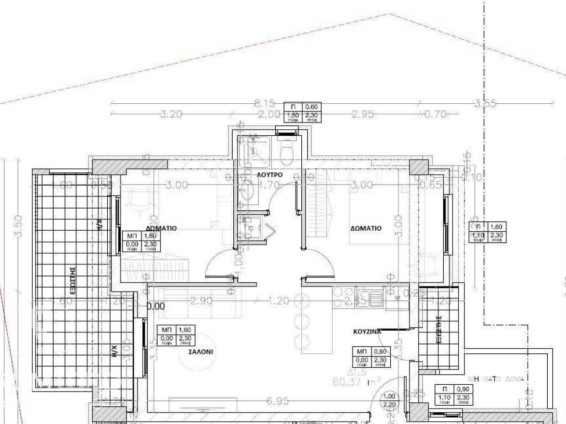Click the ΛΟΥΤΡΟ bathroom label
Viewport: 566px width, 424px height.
tap(270, 175)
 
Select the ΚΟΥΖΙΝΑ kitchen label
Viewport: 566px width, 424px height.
tap(367, 332)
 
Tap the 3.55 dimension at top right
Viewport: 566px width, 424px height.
tap(485, 103)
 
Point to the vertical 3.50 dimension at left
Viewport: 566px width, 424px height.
tap(19, 226)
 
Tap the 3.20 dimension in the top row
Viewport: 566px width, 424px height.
tap(171, 114)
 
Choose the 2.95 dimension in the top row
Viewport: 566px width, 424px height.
tap(363, 114)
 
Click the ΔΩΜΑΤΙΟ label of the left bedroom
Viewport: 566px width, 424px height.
tap(161, 227)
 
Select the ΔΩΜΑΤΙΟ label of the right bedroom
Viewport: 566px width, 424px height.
tap(365, 227)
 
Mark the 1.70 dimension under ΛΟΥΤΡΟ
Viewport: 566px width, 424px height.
tap(269, 185)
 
